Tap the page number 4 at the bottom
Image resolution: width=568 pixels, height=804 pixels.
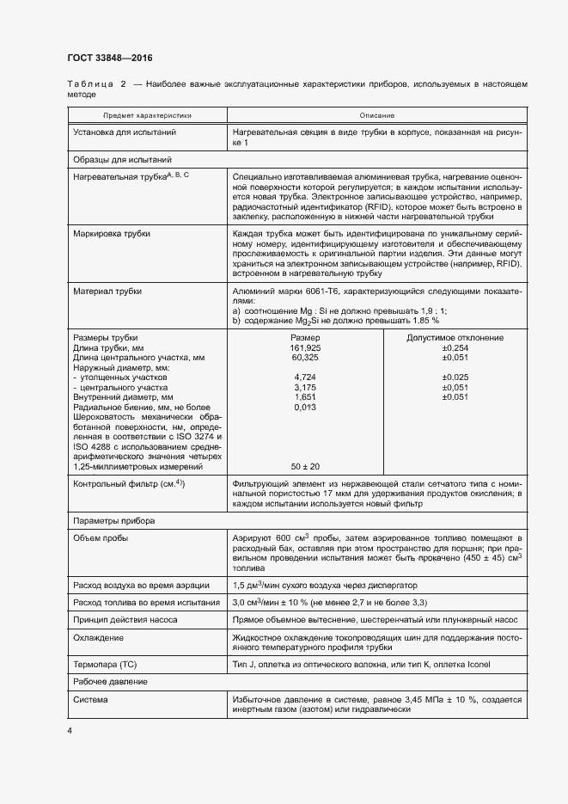70,730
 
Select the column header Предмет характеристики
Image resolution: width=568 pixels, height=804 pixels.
148,115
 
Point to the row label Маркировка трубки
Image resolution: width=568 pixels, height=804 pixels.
112,234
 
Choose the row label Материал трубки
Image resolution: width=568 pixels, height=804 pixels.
107,292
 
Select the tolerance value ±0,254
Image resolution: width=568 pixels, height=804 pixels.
455,347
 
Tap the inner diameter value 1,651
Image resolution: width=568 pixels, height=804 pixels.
305,397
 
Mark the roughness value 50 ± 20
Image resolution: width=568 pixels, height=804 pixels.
305,466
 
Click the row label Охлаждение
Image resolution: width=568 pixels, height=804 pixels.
98,638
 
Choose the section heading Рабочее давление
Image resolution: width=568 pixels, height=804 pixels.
110,681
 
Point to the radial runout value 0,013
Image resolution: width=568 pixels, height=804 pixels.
305,408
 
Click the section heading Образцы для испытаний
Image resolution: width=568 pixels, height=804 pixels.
123,160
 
